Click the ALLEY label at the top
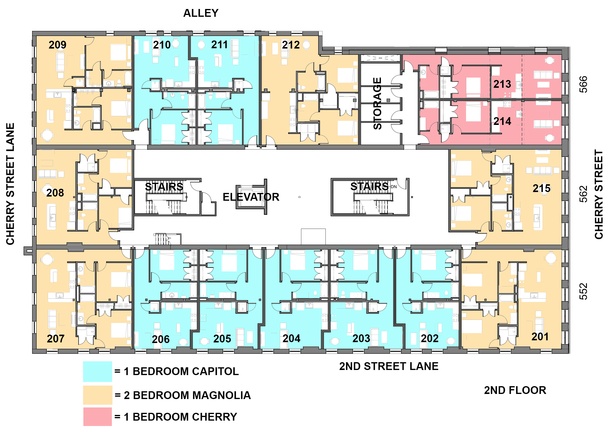(x=201, y=13)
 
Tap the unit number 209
(x=57, y=45)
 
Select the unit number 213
(x=502, y=84)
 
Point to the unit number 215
(x=541, y=188)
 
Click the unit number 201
(x=540, y=337)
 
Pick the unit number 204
(x=291, y=339)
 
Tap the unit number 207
(x=55, y=339)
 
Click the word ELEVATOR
(x=251, y=197)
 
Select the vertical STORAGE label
(x=377, y=103)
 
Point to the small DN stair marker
(x=394, y=187)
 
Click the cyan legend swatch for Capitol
(x=97, y=371)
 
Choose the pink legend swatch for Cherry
(x=97, y=417)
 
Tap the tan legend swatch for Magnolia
(x=97, y=395)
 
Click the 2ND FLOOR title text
(x=515, y=390)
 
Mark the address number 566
(x=583, y=84)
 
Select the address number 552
(x=583, y=291)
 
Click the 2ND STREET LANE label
(x=389, y=366)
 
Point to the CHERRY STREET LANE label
(x=10, y=184)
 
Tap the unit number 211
(x=220, y=45)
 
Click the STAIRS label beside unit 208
(x=164, y=187)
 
